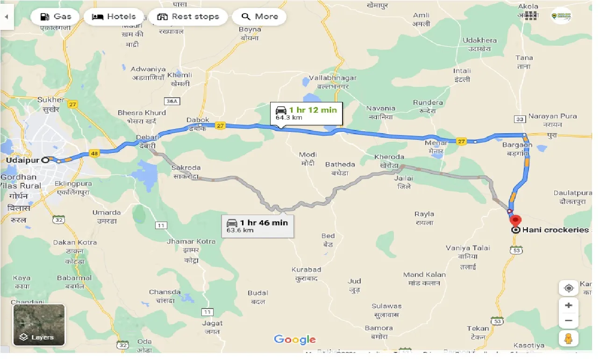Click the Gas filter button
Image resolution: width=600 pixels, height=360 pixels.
[x=56, y=17]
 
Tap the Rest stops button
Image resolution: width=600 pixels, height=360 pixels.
[x=188, y=17]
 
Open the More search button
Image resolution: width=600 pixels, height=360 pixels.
[x=259, y=17]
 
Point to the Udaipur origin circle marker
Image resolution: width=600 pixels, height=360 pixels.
[x=45, y=160]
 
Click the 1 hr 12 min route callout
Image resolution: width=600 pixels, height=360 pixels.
[x=307, y=114]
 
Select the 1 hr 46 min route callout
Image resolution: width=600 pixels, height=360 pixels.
[x=257, y=226]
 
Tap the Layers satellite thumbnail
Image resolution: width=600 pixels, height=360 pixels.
[x=39, y=325]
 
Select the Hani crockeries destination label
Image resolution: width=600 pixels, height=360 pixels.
[x=555, y=230]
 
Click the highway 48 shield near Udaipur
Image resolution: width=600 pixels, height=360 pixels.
[x=94, y=153]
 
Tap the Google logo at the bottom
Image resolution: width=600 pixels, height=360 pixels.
[x=295, y=340]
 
